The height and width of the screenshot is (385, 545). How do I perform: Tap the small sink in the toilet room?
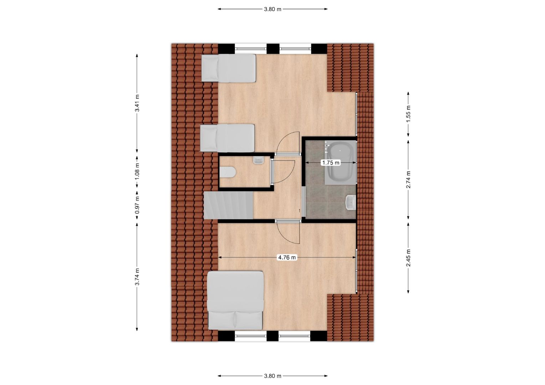pos(258,160)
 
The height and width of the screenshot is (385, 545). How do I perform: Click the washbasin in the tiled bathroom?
pos(351,203)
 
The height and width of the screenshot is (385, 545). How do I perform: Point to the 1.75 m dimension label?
pos(331,163)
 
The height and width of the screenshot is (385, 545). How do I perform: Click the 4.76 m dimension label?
pos(287,257)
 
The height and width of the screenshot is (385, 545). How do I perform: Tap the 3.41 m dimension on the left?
pos(137,103)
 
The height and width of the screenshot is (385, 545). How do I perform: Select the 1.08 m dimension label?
pos(137,171)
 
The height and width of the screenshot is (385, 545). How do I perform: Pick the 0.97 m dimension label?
pos(137,205)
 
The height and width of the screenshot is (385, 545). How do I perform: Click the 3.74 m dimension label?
pos(137,277)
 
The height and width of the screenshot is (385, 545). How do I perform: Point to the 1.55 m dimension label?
pos(408,114)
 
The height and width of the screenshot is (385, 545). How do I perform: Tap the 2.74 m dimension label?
pos(408,179)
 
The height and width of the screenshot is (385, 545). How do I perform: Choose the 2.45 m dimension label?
pos(408,258)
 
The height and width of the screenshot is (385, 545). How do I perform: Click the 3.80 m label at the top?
pos(272,9)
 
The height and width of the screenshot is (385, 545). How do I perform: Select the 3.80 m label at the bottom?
pos(272,376)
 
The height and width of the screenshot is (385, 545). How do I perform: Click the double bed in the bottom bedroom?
pos(235,301)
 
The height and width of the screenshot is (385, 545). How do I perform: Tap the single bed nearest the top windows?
pos(229,68)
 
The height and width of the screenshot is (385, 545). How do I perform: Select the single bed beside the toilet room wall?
pos(227,138)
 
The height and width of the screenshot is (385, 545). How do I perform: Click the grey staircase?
pos(229,205)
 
